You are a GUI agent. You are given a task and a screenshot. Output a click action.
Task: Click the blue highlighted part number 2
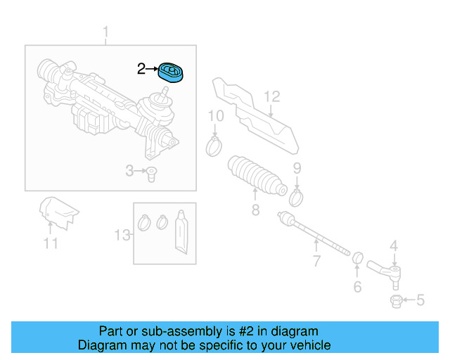[171, 72]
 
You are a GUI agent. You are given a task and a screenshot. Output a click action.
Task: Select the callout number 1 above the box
[106, 32]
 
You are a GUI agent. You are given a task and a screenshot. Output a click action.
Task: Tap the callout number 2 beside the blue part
[141, 69]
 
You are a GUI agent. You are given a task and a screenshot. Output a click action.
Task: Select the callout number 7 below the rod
[316, 262]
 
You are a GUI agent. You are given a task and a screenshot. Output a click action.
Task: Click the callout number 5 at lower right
[420, 301]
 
